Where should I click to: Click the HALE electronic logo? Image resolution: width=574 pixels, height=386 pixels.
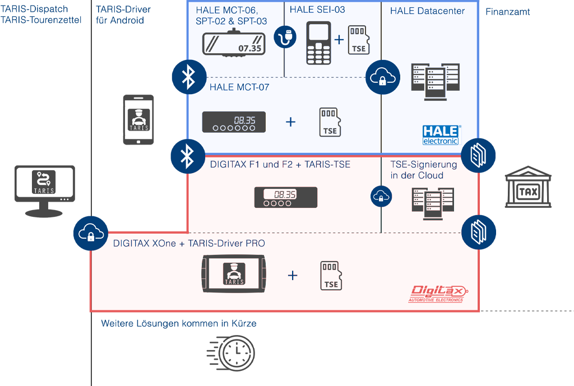click(x=441, y=134)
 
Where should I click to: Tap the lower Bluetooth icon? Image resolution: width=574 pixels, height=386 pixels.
click(x=187, y=156)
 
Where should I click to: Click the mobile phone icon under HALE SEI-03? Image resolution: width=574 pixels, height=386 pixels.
click(x=318, y=42)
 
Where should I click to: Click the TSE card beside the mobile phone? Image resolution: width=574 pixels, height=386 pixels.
click(x=358, y=40)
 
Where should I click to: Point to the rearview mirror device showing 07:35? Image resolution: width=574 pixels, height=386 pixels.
click(x=234, y=44)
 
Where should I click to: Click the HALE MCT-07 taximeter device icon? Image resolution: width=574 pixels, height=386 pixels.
click(x=234, y=122)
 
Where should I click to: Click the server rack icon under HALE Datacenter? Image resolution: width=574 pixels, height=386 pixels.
click(x=434, y=78)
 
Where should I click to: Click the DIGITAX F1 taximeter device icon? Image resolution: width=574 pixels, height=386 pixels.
click(x=286, y=197)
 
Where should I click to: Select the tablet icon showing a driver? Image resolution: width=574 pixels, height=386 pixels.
click(x=234, y=275)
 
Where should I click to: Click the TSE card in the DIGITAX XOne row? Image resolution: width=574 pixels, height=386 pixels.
click(x=331, y=275)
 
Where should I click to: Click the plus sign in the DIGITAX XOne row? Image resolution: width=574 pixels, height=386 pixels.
click(x=292, y=275)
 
